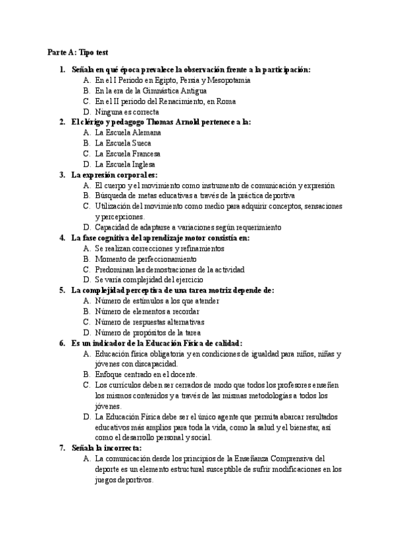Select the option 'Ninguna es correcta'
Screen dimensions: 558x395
(x=127, y=112)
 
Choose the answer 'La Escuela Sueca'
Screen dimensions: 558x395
(x=123, y=143)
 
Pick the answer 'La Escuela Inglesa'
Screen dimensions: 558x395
(x=125, y=164)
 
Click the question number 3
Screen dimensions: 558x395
(x=62, y=174)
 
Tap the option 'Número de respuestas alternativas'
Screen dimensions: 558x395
(x=149, y=322)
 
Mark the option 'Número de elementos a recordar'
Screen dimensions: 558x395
(x=147, y=311)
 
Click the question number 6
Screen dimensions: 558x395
(x=62, y=343)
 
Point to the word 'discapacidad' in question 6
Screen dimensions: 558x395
(x=155, y=364)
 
